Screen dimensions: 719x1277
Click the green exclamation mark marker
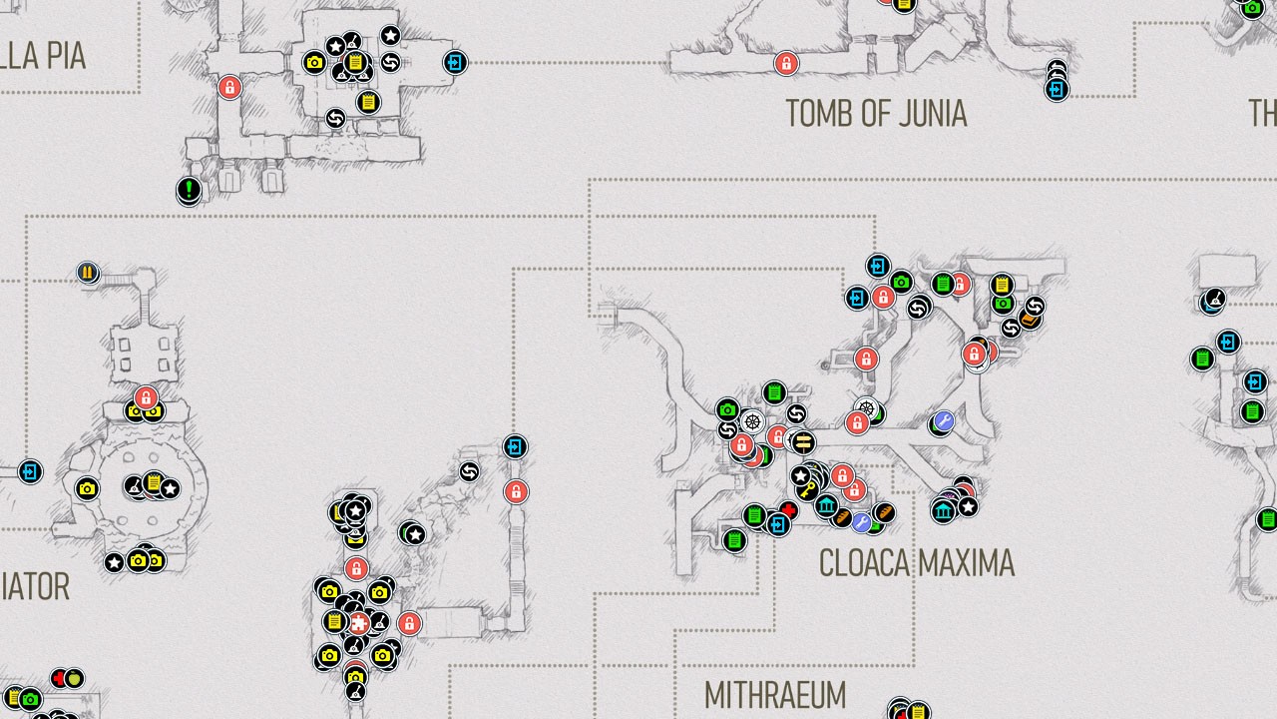(x=189, y=189)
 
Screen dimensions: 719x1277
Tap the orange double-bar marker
(x=88, y=273)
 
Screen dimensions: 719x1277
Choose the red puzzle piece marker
(x=358, y=624)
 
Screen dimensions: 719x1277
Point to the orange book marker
(x=1029, y=320)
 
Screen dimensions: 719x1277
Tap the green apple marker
(x=73, y=679)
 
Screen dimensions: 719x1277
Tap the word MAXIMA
(x=967, y=563)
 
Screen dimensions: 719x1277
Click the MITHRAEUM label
(x=774, y=695)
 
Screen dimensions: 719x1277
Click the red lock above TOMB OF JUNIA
(x=786, y=64)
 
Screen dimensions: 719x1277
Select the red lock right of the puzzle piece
(x=409, y=624)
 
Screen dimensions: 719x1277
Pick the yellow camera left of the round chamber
(x=87, y=488)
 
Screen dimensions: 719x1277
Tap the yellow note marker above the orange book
(x=1002, y=286)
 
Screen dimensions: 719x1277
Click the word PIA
(x=63, y=56)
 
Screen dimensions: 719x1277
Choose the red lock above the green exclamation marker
(x=229, y=87)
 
